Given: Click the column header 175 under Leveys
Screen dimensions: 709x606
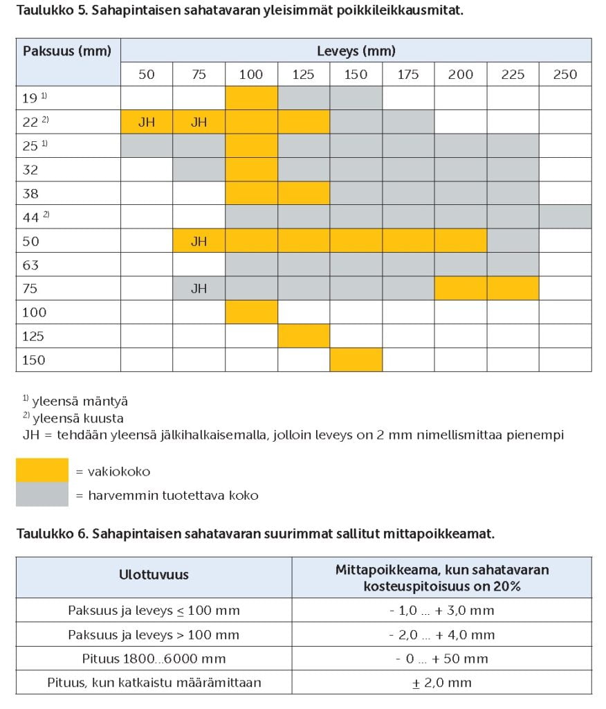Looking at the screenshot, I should (408, 75).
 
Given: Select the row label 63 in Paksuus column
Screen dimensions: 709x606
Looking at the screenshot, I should (30, 264).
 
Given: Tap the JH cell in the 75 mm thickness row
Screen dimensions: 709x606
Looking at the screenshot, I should (199, 288).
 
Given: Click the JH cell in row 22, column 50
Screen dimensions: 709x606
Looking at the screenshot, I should (147, 123).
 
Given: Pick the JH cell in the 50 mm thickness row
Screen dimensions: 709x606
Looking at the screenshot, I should (199, 242).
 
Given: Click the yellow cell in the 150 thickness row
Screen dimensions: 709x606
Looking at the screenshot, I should (356, 359).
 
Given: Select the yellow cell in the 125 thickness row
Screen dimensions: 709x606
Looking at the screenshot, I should (304, 336).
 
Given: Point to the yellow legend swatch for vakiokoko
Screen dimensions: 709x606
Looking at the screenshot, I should (42, 471).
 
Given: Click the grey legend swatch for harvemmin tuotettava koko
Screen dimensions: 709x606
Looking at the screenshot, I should (42, 495).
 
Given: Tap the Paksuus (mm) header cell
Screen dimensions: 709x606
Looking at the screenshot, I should (67, 51).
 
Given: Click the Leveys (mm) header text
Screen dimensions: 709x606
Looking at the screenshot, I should (356, 51).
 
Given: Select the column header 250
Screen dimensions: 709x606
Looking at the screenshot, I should (564, 75).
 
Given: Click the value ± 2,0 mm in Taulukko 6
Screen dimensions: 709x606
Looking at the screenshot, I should (441, 683).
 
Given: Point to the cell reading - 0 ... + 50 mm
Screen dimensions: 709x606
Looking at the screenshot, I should (441, 658).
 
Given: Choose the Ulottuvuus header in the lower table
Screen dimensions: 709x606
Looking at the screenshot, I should (154, 575).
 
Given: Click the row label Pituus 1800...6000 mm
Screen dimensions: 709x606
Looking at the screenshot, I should (154, 658).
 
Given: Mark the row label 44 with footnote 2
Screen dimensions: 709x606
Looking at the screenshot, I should (35, 216).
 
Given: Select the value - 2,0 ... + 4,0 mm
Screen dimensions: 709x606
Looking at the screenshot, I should (441, 635).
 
